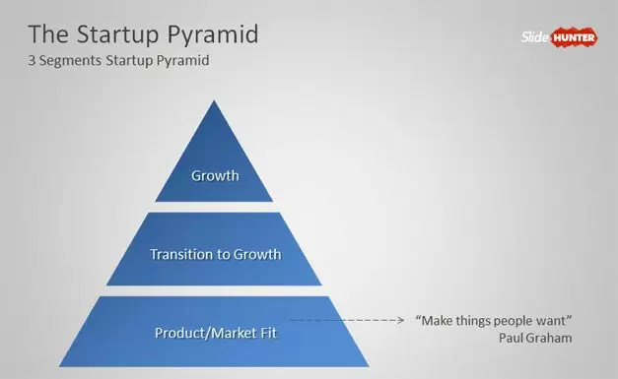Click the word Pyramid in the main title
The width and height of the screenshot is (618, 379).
pos(213,34)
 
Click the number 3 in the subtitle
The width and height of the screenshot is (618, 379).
pos(32,61)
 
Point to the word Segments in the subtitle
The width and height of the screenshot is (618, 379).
pos(70,61)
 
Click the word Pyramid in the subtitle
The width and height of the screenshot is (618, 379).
pos(183,61)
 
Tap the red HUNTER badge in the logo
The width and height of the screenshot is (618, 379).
pos(574,37)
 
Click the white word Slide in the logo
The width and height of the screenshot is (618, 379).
pos(534,37)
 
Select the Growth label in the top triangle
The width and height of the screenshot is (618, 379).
pos(215,175)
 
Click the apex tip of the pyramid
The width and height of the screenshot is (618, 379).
pos(214,100)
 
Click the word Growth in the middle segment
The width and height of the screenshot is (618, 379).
pos(257,254)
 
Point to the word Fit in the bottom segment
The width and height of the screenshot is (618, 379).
pos(268,333)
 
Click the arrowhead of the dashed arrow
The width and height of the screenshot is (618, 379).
pos(401,320)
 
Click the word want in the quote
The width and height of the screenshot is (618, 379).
pos(551,321)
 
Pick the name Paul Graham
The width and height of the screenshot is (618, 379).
pos(535,338)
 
